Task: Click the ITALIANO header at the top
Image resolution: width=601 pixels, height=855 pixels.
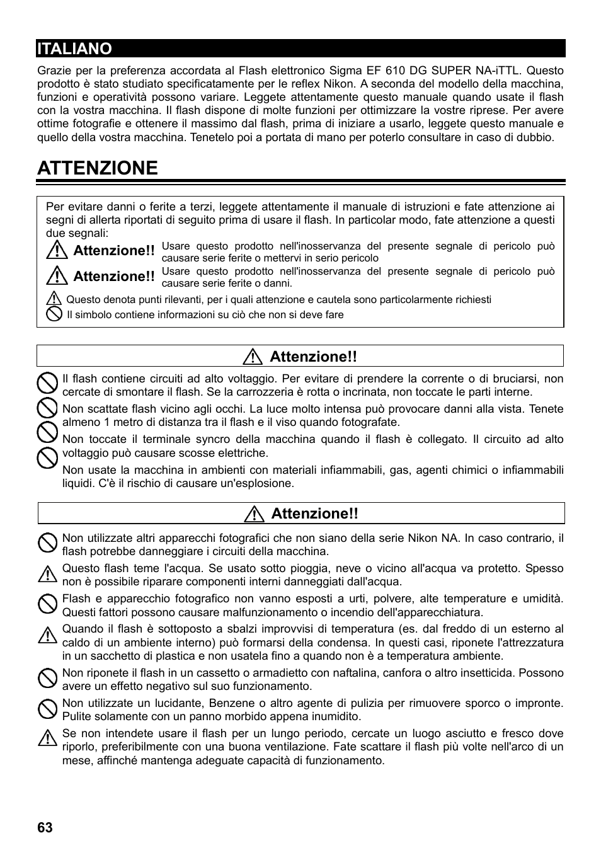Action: coord(74,49)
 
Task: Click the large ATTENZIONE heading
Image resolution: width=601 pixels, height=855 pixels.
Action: coord(98,168)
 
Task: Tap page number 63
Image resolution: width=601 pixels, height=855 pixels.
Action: coord(45,827)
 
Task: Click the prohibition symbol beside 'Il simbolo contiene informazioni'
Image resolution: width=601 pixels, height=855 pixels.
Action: coord(55,314)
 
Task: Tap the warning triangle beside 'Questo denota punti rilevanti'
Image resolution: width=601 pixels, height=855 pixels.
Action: coord(54,299)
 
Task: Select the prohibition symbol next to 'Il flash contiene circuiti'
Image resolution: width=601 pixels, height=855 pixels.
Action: coord(47,382)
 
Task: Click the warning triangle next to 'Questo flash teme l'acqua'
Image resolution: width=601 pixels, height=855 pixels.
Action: coord(47,574)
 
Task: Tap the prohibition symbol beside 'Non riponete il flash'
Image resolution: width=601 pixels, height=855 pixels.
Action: coord(47,679)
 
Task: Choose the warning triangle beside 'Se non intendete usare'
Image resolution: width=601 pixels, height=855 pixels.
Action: coord(47,737)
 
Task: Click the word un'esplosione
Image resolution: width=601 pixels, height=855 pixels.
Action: coord(261,483)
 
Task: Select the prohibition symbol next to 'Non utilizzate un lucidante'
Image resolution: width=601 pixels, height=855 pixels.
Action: coord(47,709)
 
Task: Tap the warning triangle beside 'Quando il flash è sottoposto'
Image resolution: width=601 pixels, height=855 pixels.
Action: coord(47,635)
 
